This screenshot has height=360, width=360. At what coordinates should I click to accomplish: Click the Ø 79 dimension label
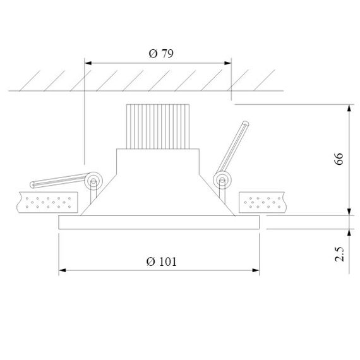[x=160, y=54]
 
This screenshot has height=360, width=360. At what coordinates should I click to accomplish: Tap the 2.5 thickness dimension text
[x=339, y=254]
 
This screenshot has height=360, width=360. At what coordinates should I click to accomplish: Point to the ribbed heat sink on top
[x=158, y=126]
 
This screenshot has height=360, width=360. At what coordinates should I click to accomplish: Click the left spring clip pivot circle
[x=93, y=181]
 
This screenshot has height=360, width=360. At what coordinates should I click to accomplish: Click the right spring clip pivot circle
[x=222, y=181]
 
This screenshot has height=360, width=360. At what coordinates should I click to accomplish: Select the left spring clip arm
[x=57, y=182]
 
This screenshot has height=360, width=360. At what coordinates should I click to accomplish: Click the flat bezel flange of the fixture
[x=159, y=222]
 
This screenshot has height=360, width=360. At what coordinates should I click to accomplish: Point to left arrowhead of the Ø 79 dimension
[x=88, y=63]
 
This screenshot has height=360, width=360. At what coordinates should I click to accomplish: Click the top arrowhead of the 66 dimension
[x=349, y=107]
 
